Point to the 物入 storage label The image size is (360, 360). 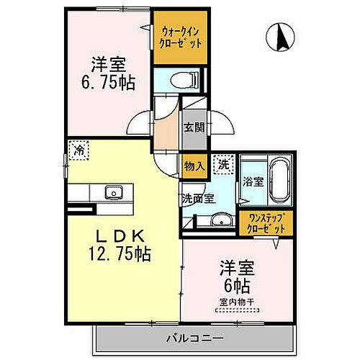[x=194, y=166]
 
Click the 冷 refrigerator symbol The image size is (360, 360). [x=77, y=150]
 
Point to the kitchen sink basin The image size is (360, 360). [x=113, y=192]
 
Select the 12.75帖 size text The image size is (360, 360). [x=120, y=254]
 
